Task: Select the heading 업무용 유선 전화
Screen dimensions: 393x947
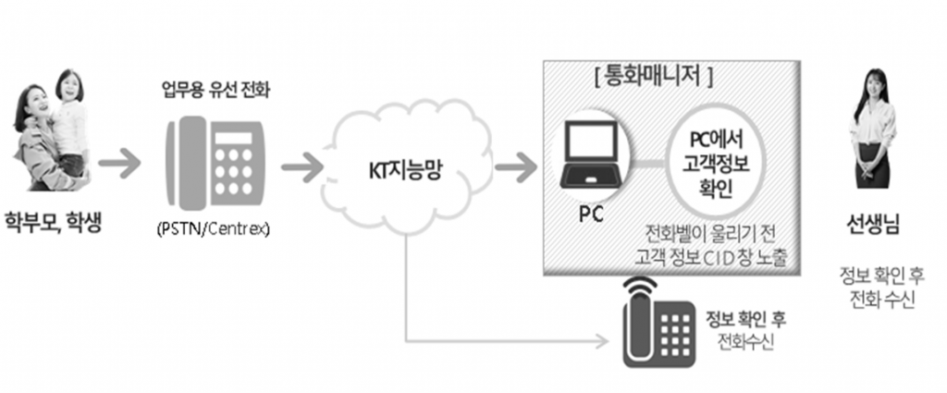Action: (x=218, y=92)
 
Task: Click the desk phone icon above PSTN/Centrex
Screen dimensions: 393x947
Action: (x=218, y=161)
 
